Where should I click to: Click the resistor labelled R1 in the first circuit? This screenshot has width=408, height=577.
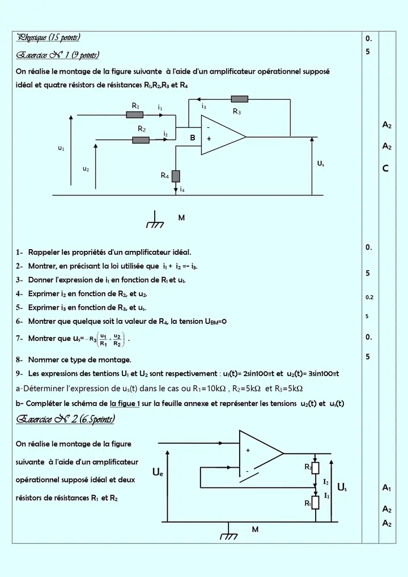(x=134, y=115)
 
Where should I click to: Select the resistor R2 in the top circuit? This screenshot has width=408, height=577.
(x=141, y=140)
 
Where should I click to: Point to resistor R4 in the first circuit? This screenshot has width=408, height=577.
(x=176, y=176)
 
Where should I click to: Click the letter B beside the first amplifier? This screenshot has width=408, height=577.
(x=192, y=138)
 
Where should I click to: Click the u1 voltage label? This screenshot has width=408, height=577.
(x=61, y=148)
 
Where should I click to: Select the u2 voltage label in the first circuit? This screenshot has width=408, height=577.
(x=86, y=169)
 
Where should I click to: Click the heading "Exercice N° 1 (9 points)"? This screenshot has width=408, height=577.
(x=58, y=55)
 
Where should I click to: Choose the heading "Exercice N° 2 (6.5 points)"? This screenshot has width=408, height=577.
(x=66, y=420)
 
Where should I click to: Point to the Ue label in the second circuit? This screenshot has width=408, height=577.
(x=158, y=472)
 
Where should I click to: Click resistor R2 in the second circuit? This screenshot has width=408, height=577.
(x=316, y=468)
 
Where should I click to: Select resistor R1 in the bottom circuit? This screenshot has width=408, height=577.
(x=316, y=503)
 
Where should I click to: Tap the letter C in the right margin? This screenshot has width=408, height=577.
(x=385, y=168)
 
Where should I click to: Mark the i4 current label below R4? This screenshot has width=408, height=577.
(x=181, y=190)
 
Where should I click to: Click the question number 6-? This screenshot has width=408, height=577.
(x=20, y=321)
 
